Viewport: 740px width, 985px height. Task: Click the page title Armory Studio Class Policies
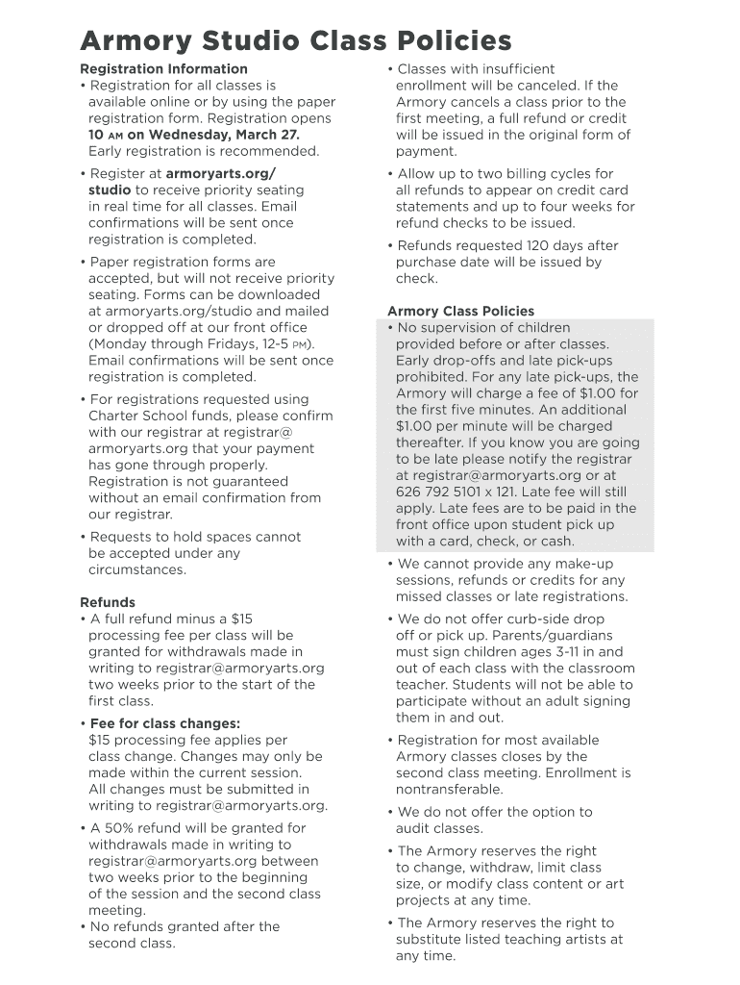click(x=295, y=40)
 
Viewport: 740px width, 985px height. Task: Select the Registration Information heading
click(x=163, y=69)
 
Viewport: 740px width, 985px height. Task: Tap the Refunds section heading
click(x=107, y=603)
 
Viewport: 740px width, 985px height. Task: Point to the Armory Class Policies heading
click(x=460, y=311)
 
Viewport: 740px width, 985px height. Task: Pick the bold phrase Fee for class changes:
click(x=165, y=723)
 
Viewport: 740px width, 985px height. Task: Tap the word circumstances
click(x=137, y=569)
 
